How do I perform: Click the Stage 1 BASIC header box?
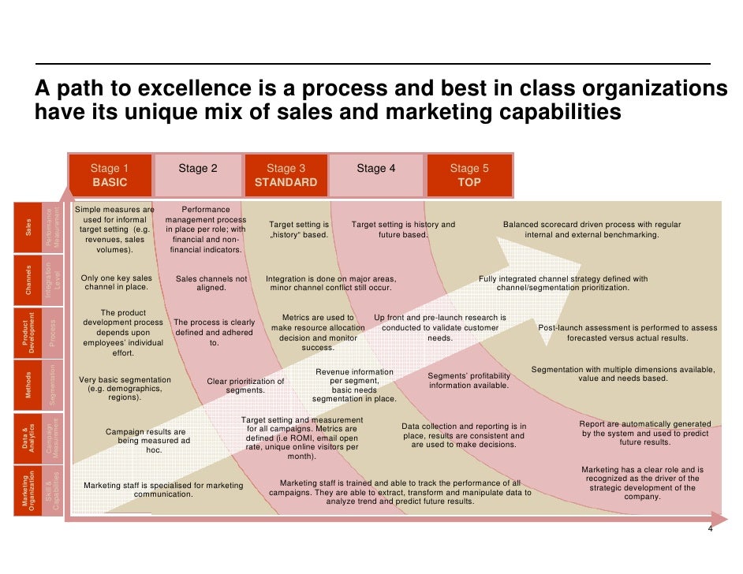point(110,175)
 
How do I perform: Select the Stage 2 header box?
point(198,175)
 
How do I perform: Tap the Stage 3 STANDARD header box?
point(286,175)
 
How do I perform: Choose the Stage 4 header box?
point(376,175)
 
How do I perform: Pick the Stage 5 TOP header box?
point(469,175)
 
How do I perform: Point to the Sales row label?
point(29,229)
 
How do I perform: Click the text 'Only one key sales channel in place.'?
point(117,283)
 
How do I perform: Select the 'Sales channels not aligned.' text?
point(211,283)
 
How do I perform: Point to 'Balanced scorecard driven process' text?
point(592,229)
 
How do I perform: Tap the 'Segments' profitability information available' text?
point(469,380)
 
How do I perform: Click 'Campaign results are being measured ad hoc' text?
point(146,441)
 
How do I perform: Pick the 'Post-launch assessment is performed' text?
point(628,333)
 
